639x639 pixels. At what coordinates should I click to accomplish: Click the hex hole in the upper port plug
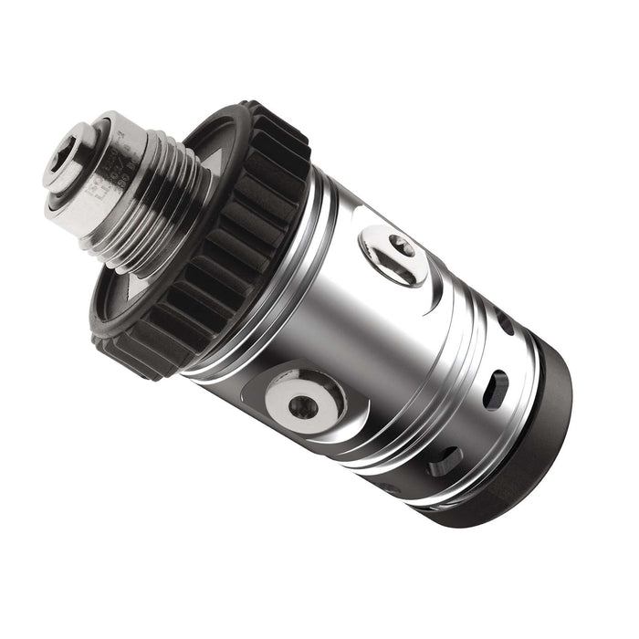coord(399,246)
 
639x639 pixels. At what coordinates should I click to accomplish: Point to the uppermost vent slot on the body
coord(505,322)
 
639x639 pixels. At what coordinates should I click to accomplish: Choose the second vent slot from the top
coord(494,392)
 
